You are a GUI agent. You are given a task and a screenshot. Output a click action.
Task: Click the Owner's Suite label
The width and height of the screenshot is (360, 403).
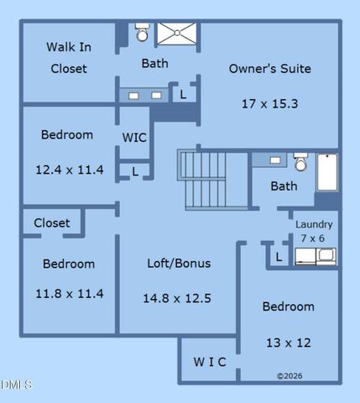click(x=270, y=69)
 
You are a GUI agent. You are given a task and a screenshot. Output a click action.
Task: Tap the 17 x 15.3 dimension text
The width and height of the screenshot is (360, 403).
click(x=270, y=104)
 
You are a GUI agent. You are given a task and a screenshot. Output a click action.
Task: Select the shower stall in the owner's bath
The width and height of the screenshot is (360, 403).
click(x=177, y=34)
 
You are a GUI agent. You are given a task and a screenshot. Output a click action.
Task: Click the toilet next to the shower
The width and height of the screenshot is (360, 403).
click(x=142, y=32)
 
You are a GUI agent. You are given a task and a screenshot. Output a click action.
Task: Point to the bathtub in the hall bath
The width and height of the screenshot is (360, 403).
click(x=327, y=172)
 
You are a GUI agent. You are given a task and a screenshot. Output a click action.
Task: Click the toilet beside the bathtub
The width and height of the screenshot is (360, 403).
click(x=300, y=162)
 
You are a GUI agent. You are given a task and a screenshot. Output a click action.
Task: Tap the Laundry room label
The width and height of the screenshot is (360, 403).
click(x=314, y=224)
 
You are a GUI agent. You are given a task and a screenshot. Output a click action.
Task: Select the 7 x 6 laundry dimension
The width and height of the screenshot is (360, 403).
click(x=312, y=238)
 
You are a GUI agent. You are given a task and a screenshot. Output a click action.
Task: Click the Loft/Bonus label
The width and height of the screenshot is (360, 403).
click(x=179, y=264)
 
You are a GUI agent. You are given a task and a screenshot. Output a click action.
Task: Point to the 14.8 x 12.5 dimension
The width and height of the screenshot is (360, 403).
click(x=177, y=298)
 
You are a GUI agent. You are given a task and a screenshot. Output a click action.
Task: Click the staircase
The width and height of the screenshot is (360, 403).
click(x=213, y=180)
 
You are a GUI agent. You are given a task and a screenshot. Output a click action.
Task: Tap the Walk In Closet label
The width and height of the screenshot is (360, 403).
click(x=69, y=58)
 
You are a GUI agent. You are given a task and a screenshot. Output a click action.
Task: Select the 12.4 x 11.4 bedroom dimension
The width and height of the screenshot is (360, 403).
click(x=70, y=170)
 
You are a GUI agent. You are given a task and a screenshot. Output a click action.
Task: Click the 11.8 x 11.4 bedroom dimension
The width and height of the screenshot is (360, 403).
click(x=70, y=294)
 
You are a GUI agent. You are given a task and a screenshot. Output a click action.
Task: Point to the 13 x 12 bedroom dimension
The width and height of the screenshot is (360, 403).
click(x=289, y=343)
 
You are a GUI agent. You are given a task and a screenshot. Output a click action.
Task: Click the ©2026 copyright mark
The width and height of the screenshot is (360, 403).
click(x=290, y=376)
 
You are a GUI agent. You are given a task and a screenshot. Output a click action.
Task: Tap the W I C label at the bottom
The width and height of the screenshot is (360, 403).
click(x=210, y=362)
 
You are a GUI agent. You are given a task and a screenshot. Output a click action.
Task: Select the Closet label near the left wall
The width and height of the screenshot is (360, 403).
click(x=52, y=223)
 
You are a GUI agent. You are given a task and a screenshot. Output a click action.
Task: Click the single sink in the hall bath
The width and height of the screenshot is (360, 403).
click(x=275, y=160)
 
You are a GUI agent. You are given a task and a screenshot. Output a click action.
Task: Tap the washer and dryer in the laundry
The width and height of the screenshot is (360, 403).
click(x=316, y=256)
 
